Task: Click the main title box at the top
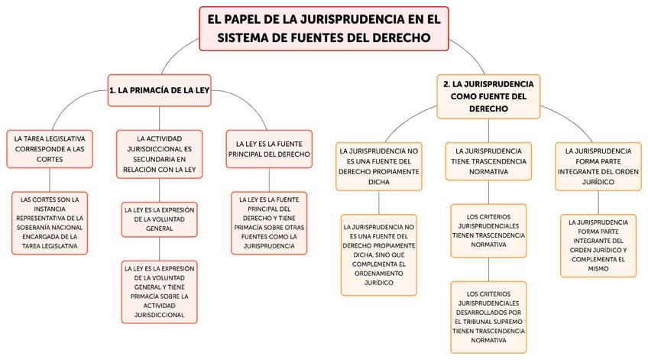tap(324, 28)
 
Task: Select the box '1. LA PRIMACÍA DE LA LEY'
tap(159, 89)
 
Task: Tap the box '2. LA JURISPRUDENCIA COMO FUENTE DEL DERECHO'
tap(488, 96)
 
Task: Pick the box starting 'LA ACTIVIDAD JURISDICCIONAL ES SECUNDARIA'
tap(160, 154)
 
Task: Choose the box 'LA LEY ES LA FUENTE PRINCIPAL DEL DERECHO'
tap(268, 148)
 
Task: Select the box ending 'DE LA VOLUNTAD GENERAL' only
tap(159, 218)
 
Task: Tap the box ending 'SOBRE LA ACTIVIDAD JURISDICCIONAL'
tap(160, 291)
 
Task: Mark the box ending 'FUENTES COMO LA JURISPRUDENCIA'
tap(268, 222)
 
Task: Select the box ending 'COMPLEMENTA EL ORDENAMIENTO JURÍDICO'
tap(379, 255)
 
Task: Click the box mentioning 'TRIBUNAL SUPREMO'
tap(488, 316)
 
